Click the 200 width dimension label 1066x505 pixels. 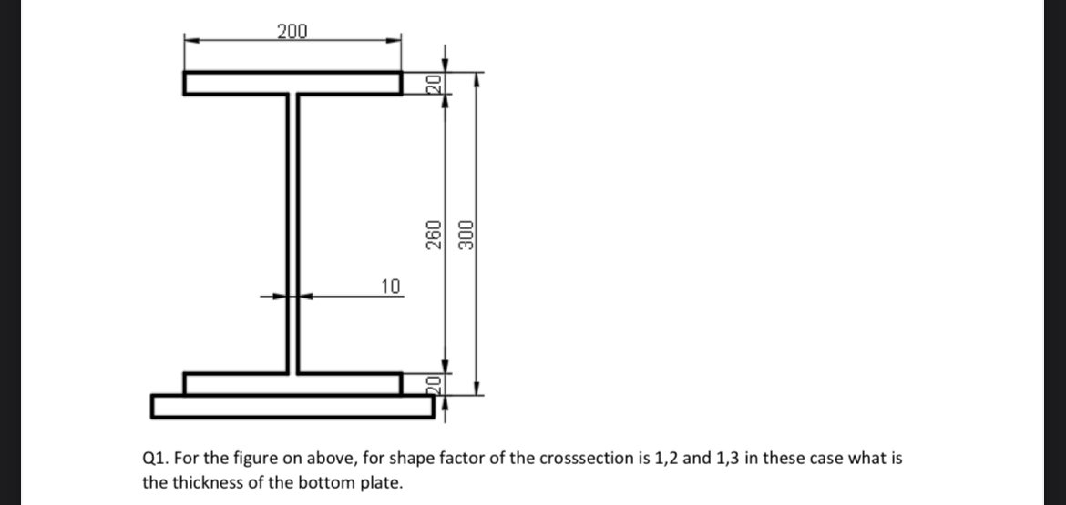[x=292, y=32]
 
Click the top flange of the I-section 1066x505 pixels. [x=292, y=83]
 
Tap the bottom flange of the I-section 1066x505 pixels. [x=292, y=384]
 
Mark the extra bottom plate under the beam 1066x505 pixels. [x=292, y=406]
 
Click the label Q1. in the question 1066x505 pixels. [x=155, y=458]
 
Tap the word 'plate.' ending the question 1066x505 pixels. [x=382, y=482]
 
